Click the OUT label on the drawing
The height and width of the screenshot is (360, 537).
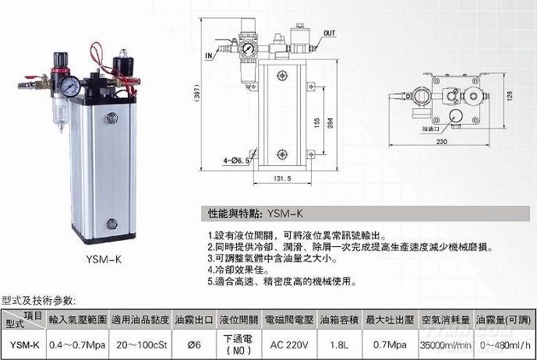point(330,34)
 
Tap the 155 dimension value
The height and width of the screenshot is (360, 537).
point(316,122)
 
